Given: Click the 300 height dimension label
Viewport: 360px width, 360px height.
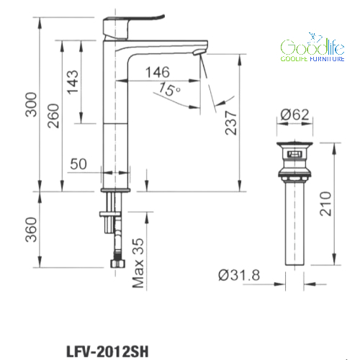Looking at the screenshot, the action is pos(31,104).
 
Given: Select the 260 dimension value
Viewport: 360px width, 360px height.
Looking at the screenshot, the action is pos(53,116).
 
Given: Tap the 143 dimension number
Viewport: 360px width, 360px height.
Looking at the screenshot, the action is pos(72,82).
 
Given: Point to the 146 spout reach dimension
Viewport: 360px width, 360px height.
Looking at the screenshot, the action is pos(158,72).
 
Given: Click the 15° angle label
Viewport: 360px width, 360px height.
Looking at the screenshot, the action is pos(170,89).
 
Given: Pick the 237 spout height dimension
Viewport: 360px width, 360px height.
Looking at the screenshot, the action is pos(231,122).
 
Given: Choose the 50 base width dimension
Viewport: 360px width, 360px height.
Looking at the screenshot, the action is pos(78,164).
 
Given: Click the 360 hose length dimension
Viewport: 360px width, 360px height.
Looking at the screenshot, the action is pos(31,230).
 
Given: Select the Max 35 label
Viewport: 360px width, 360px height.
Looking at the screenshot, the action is pos(138,263).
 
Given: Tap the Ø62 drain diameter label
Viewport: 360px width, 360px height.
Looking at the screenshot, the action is pos(294,114).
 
